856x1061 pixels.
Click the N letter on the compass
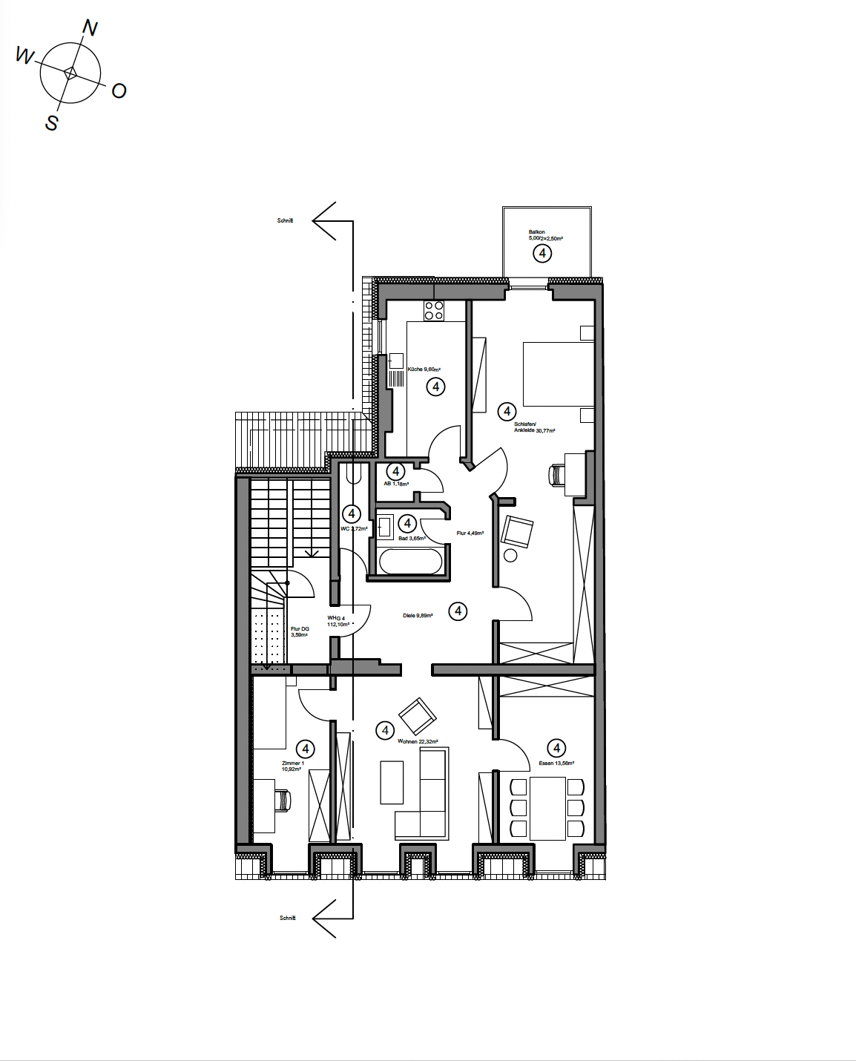[90, 28]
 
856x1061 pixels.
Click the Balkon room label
[537, 232]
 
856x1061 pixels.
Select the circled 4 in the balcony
[542, 254]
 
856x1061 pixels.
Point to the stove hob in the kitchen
[434, 311]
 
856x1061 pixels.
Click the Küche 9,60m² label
[424, 369]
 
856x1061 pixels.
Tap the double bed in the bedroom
[558, 374]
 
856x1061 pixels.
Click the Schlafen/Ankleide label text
[533, 427]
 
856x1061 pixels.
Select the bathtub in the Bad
[410, 561]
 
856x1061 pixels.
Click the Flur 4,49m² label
[470, 533]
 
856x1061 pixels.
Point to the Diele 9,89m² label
[418, 616]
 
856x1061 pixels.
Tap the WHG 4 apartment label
[338, 621]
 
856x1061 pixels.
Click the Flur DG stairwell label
[300, 631]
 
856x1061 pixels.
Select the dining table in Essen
[547, 808]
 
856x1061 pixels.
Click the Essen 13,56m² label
[556, 763]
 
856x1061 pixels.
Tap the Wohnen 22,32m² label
[418, 741]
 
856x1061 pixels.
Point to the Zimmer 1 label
[292, 766]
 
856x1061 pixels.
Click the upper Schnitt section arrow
[326, 220]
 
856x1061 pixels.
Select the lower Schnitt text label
[287, 918]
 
